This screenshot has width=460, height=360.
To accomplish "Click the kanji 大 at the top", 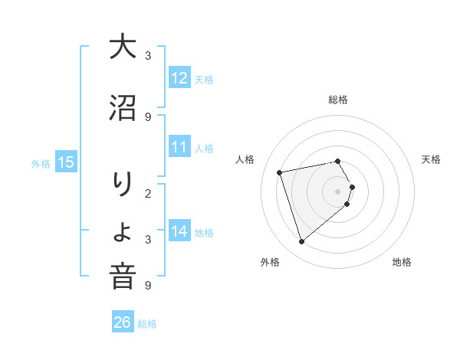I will (123, 48).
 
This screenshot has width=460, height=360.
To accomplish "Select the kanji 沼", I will (123, 109).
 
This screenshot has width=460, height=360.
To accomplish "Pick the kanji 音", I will (123, 277).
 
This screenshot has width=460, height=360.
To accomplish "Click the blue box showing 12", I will (179, 78).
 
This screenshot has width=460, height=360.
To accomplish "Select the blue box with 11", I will (179, 147).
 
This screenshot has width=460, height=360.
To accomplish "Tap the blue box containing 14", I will (179, 231).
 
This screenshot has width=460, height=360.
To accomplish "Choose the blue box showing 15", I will (66, 162).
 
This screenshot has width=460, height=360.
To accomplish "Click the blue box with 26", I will (122, 322).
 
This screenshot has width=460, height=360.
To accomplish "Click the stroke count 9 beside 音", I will (148, 285).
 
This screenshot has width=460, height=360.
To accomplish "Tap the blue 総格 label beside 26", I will (147, 323).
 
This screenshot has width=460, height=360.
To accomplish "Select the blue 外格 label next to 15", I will (41, 163).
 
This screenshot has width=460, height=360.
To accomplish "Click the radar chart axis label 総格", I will (338, 100).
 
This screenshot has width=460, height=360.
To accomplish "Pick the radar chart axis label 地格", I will (402, 262).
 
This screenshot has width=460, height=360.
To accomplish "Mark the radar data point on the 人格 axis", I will (281, 172).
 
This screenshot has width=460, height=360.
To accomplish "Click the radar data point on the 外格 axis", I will (302, 242).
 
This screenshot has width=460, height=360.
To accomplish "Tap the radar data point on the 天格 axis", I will (352, 187).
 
